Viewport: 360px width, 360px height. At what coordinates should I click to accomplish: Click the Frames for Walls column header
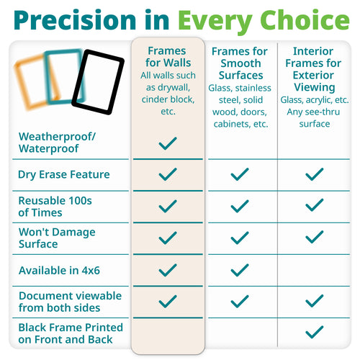pyautogui.click(x=168, y=58)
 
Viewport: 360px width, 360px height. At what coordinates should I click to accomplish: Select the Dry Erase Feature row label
pyautogui.click(x=64, y=174)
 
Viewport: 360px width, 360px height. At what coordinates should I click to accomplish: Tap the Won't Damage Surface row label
pyautogui.click(x=58, y=238)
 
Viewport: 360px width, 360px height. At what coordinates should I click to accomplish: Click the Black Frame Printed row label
pyautogui.click(x=71, y=333)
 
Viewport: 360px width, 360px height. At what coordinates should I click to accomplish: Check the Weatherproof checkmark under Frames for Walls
pyautogui.click(x=168, y=143)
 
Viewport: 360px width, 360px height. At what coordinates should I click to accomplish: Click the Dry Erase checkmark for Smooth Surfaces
pyautogui.click(x=240, y=174)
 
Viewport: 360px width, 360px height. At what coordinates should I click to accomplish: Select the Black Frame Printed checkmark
pyautogui.click(x=314, y=332)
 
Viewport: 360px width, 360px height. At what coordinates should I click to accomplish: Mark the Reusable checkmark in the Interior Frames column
pyautogui.click(x=314, y=205)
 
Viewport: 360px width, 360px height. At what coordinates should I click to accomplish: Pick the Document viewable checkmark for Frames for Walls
pyautogui.click(x=168, y=301)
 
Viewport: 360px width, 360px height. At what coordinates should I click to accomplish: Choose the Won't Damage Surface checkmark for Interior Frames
pyautogui.click(x=314, y=238)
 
